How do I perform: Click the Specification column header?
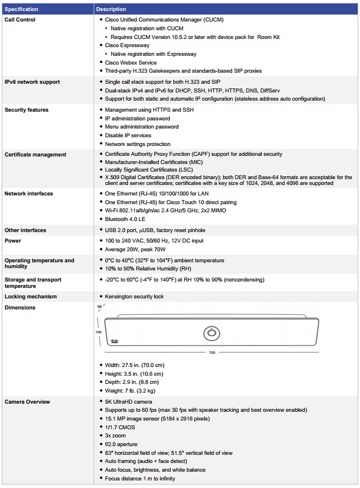coord(22,9)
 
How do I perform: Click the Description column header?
coord(111,9)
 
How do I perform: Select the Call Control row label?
coord(20,20)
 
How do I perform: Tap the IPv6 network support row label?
coord(32,82)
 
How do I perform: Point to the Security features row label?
coord(26,110)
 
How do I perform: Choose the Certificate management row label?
coord(35,155)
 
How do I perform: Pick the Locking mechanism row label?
coord(30,297)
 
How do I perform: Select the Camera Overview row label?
coord(27,402)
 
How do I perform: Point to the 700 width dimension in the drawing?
coord(212,353)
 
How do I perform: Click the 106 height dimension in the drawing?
coord(99,332)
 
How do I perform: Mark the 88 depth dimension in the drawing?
coord(99,307)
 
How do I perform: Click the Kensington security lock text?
coord(134,297)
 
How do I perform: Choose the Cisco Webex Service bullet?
coord(131,62)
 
